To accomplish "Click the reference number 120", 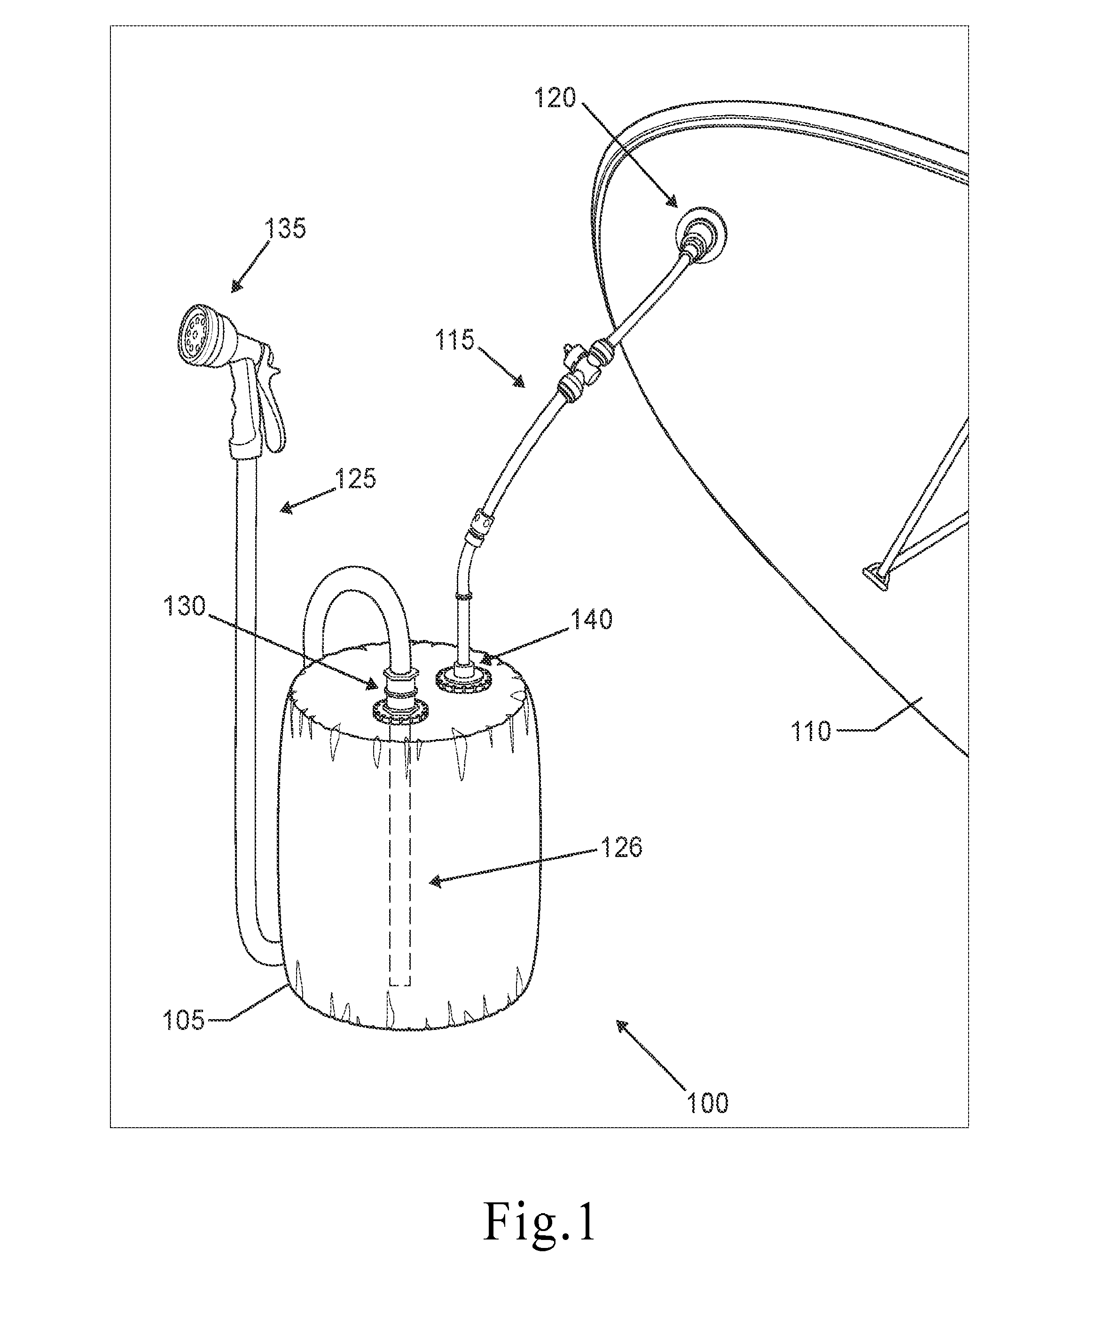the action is tap(555, 98).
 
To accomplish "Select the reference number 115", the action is tap(455, 341).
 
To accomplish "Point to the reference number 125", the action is tap(355, 478).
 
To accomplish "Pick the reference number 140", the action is tap(591, 620).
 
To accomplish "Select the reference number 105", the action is tap(185, 1021).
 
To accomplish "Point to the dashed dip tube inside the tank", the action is tap(399, 856).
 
